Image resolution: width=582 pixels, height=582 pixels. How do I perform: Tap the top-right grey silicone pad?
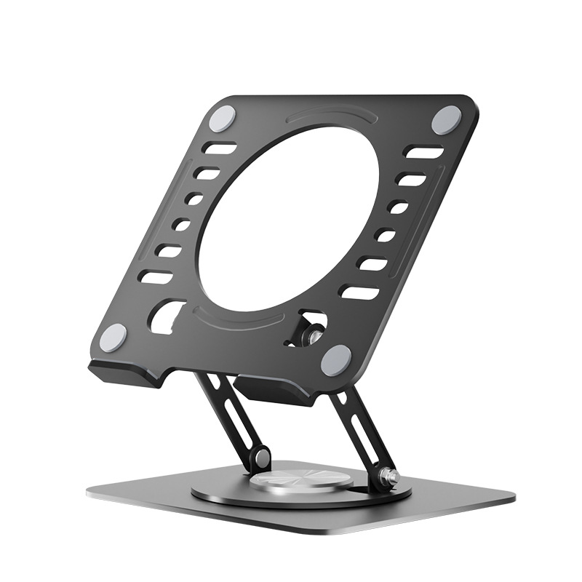446,119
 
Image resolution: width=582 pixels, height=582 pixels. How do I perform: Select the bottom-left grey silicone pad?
113,338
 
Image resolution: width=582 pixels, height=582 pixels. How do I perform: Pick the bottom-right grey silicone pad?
336,360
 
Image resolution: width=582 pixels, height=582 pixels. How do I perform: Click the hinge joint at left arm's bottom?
260,458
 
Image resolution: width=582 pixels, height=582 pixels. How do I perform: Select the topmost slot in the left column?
220,149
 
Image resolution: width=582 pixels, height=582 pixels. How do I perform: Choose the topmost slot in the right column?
424,153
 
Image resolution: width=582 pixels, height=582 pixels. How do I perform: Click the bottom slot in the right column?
359,292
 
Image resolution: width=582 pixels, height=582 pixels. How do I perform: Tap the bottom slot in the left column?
156,277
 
